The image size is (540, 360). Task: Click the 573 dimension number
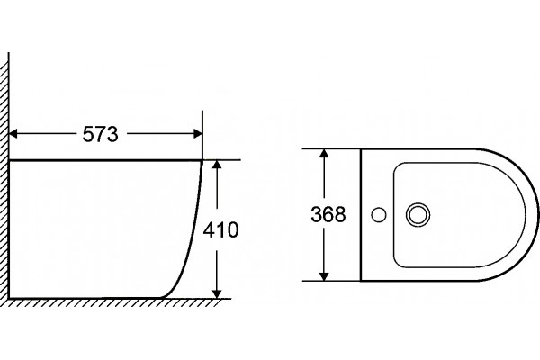tap(100, 134)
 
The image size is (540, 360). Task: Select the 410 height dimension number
tap(220, 229)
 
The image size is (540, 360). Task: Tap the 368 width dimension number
tap(328, 214)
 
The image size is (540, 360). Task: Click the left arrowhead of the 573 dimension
tap(13, 134)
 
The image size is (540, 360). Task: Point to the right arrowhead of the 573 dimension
tap(198, 134)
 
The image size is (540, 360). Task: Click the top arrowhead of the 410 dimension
tap(217, 165)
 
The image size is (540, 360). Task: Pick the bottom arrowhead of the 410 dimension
tap(217, 293)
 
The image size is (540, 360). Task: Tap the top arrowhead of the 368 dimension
tap(324, 153)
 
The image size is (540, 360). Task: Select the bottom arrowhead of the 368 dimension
tap(324, 276)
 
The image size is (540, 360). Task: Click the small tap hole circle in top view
tap(379, 214)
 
